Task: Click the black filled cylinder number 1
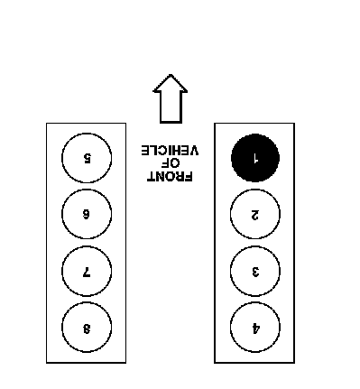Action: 255,158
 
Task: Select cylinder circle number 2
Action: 255,214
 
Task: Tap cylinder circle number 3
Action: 255,271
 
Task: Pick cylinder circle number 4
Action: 255,327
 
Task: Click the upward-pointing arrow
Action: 171,98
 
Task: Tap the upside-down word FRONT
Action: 170,177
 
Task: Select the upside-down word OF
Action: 171,163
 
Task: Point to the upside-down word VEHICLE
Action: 170,150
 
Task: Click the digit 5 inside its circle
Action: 87,158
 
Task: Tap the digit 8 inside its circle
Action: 87,329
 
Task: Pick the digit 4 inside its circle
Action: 255,329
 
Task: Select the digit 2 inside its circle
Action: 255,215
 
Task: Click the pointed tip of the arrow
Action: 171,74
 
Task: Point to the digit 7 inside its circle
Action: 87,272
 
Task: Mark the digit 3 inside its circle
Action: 255,272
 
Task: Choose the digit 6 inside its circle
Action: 87,214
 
